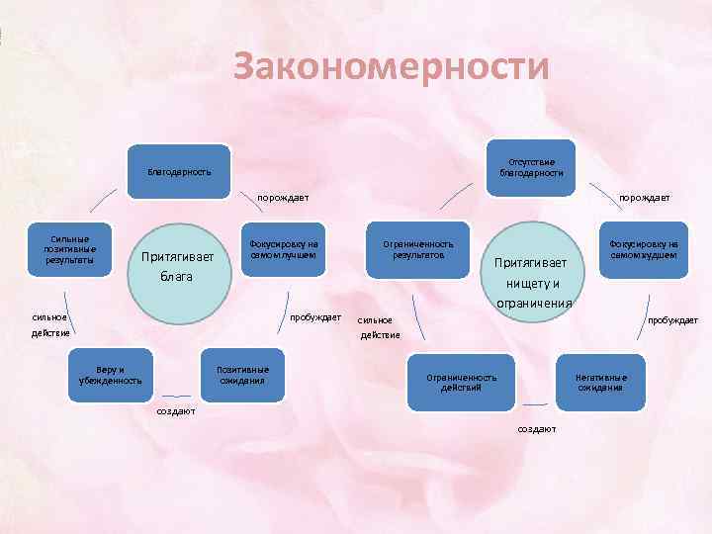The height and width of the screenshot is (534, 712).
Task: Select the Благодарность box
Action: (x=179, y=171)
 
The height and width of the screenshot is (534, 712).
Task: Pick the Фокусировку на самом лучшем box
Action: (x=283, y=249)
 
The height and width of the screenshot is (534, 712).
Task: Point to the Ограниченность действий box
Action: (x=461, y=382)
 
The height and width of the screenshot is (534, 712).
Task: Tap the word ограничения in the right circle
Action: (x=534, y=303)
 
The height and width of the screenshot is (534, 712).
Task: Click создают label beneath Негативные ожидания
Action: (x=537, y=428)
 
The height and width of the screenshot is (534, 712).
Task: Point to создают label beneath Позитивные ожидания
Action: (x=177, y=410)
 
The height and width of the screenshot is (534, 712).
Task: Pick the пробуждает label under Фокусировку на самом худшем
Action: (x=671, y=320)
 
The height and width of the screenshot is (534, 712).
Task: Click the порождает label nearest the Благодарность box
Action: (x=283, y=198)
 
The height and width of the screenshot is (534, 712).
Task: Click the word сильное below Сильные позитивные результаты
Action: (x=48, y=317)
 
